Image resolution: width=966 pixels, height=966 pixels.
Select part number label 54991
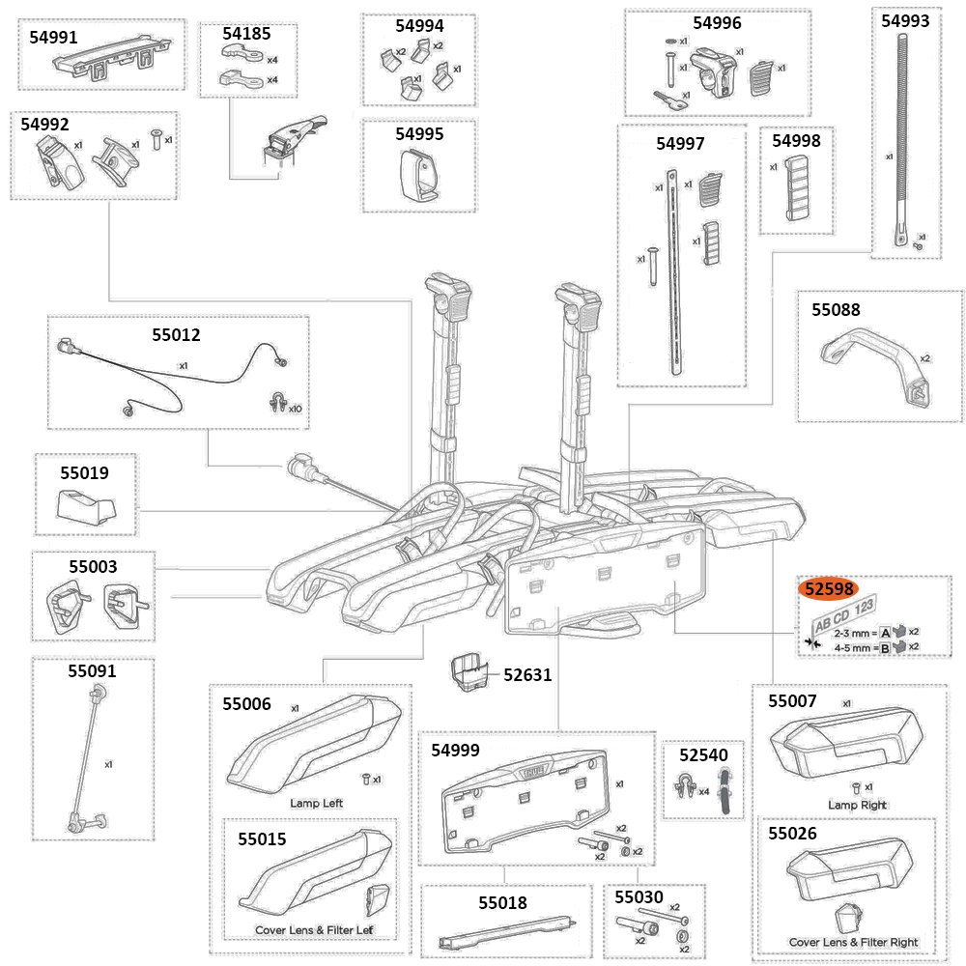pos(56,37)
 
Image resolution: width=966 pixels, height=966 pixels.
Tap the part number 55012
pos(176,335)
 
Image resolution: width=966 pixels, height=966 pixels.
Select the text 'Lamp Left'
pos(316,803)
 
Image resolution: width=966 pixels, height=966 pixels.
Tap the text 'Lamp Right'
pos(857,805)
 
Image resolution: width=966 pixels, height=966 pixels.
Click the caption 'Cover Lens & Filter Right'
pos(853,942)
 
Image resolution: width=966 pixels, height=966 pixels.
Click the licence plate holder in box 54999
pos(527,808)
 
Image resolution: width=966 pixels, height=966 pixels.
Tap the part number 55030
pos(639,897)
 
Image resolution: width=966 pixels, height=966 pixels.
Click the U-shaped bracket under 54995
pos(417,176)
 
